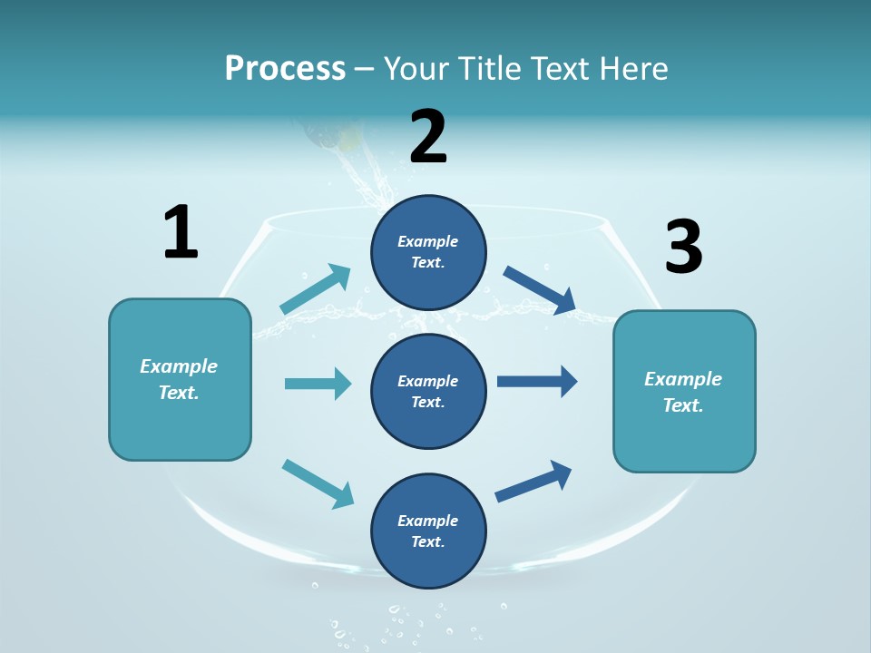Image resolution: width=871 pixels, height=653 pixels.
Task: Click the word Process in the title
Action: click(285, 68)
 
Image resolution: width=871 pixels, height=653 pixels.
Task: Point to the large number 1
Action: click(181, 233)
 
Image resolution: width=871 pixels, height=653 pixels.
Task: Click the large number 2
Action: click(428, 137)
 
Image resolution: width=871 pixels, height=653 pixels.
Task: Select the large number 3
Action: click(683, 248)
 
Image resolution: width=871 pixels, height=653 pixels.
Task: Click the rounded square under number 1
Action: click(180, 379)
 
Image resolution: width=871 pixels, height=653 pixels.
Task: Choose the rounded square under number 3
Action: click(684, 391)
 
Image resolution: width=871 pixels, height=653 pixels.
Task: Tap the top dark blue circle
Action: click(428, 252)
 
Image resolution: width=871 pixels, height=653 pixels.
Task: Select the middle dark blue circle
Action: click(428, 391)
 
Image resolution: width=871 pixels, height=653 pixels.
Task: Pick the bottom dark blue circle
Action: click(428, 531)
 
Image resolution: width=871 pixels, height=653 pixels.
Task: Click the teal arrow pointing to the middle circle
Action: click(318, 384)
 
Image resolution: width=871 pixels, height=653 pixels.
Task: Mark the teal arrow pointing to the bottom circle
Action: click(318, 483)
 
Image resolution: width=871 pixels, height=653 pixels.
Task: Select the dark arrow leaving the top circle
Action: click(540, 290)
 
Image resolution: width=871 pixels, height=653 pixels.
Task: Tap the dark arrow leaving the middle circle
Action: click(537, 381)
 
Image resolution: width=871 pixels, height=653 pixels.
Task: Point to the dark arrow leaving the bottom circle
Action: click(533, 481)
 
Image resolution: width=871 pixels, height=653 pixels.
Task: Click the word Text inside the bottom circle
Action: click(427, 541)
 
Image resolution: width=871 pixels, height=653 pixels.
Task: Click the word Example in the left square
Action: click(179, 366)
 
